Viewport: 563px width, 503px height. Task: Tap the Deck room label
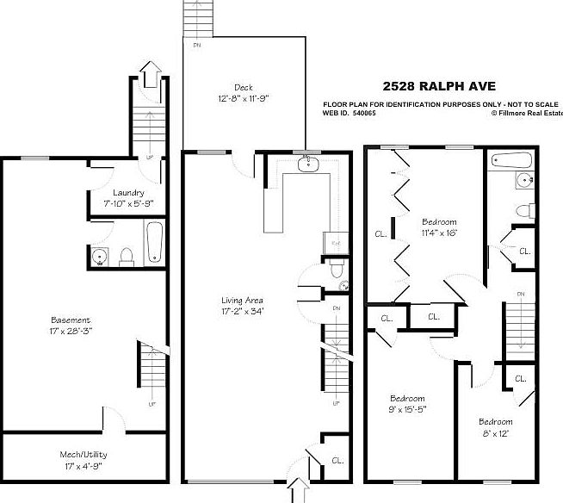click(x=243, y=87)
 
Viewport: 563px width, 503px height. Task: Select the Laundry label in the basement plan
click(x=128, y=192)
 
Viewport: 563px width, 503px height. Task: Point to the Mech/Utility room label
click(x=84, y=454)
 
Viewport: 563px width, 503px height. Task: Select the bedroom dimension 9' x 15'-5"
click(x=407, y=410)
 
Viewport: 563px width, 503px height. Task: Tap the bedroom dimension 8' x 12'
click(x=496, y=432)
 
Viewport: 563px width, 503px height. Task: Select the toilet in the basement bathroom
click(x=127, y=255)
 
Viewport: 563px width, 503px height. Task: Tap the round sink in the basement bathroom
click(x=100, y=256)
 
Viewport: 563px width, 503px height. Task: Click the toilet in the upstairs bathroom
click(x=520, y=209)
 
